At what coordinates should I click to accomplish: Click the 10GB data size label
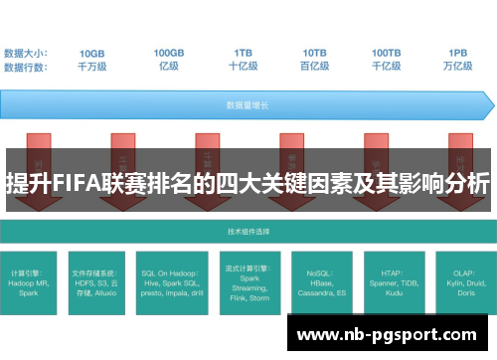91,52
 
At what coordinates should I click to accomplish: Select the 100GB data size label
168,52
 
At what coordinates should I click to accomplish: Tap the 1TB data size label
243,52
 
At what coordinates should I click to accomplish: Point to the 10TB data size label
314,52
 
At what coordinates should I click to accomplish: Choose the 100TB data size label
387,52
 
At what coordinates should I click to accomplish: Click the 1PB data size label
458,52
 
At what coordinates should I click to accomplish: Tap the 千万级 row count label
91,66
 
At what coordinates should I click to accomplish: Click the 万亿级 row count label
458,66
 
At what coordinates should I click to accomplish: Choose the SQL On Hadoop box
171,281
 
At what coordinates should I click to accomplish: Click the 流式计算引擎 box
245,281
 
